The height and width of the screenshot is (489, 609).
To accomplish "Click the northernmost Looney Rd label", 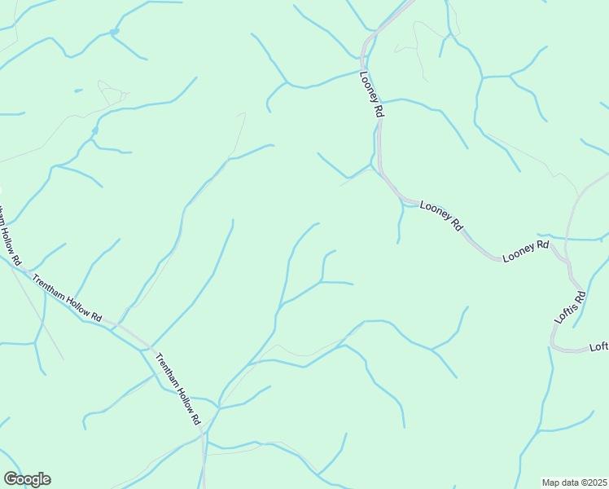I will (371, 96).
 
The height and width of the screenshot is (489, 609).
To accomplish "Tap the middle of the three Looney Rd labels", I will (440, 214).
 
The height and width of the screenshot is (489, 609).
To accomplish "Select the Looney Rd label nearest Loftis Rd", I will (526, 250).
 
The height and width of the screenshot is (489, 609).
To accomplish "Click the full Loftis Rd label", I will (570, 308).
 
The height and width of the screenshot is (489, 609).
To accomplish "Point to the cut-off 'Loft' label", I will (598, 346).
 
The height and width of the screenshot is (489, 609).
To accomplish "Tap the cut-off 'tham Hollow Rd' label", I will (8, 237).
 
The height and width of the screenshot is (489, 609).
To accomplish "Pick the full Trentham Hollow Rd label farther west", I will (68, 298).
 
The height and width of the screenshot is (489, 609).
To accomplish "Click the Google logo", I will (27, 479).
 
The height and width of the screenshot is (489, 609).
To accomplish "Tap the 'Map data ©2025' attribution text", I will (574, 482).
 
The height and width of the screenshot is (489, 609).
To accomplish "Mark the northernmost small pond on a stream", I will (114, 32).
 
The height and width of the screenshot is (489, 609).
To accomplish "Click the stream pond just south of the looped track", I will (95, 130).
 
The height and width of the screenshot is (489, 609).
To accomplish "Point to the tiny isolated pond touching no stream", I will (78, 90).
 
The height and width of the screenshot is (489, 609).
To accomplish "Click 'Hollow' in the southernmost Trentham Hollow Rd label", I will (177, 389).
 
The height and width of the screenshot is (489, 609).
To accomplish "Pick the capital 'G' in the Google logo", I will (11, 479).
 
